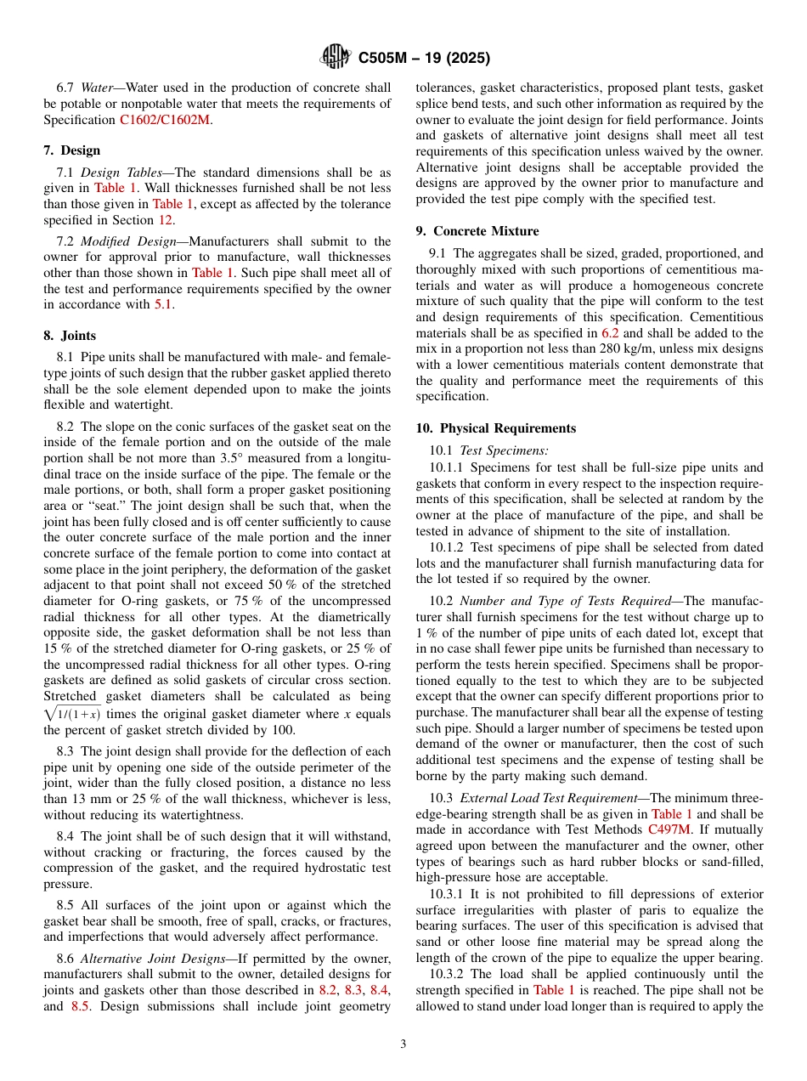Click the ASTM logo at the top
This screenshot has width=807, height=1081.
[336, 58]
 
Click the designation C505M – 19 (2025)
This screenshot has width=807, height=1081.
[423, 59]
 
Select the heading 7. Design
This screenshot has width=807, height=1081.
[71, 150]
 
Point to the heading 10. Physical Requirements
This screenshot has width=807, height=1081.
[495, 428]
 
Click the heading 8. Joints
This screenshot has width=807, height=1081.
[70, 336]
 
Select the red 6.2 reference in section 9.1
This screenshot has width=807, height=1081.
[610, 333]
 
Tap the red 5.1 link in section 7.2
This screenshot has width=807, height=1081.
[163, 304]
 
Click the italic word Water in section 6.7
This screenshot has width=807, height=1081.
[98, 88]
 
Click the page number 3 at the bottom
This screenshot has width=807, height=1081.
[403, 1044]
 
